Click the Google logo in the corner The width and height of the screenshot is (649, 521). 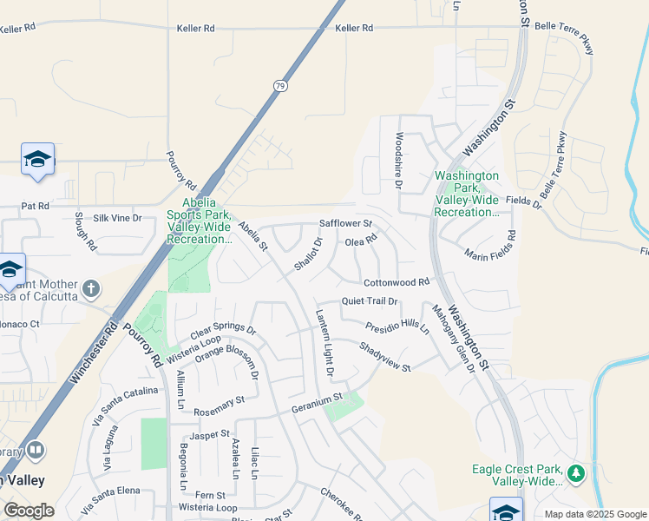click(29, 511)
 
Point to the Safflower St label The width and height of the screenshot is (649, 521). click(345, 223)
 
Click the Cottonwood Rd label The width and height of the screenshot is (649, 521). click(397, 282)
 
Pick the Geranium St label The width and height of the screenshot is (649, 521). click(318, 402)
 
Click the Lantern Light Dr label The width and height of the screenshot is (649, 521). click(324, 343)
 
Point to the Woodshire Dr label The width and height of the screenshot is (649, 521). click(399, 161)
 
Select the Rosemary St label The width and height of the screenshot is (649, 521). click(220, 400)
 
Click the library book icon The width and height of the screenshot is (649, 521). click(36, 450)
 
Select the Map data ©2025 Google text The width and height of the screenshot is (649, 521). click(594, 514)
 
